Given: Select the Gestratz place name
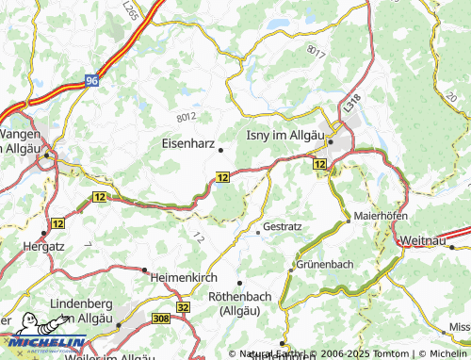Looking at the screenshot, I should click(284, 227).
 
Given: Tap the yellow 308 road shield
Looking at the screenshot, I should click(161, 320).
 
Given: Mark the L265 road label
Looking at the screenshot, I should click(129, 13).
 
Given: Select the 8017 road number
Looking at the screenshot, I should click(317, 54).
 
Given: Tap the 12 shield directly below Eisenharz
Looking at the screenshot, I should click(222, 176).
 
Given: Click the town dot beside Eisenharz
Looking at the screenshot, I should click(221, 149).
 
